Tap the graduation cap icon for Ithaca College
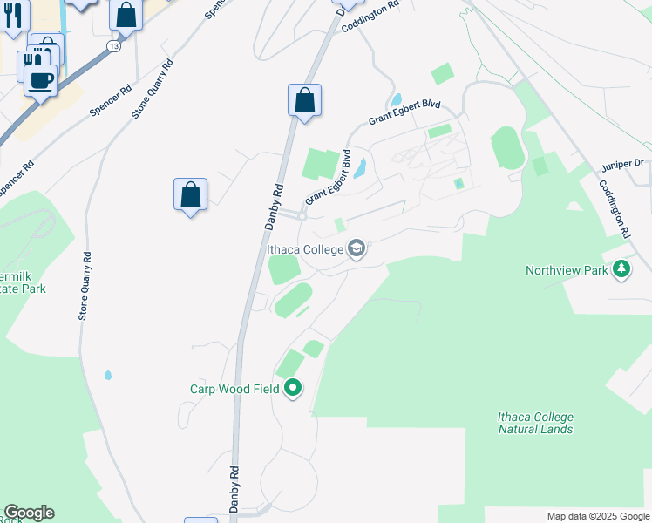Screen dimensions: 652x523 point(356,250)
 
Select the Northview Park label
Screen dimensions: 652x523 point(567,270)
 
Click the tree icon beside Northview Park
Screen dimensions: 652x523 point(621,270)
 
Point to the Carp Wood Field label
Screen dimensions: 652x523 point(235,388)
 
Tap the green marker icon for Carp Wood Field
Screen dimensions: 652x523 point(293,388)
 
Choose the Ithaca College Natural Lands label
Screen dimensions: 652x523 point(535,423)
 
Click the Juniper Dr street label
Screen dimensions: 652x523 point(621,164)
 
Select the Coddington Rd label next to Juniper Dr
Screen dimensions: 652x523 point(615,209)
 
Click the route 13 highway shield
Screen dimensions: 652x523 point(115,44)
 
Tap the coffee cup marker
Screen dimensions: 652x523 point(40,81)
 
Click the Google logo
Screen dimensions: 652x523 point(29,513)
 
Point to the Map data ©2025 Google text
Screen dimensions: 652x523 point(598,516)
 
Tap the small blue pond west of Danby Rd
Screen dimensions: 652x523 point(108,376)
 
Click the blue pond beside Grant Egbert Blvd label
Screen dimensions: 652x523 point(359,168)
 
